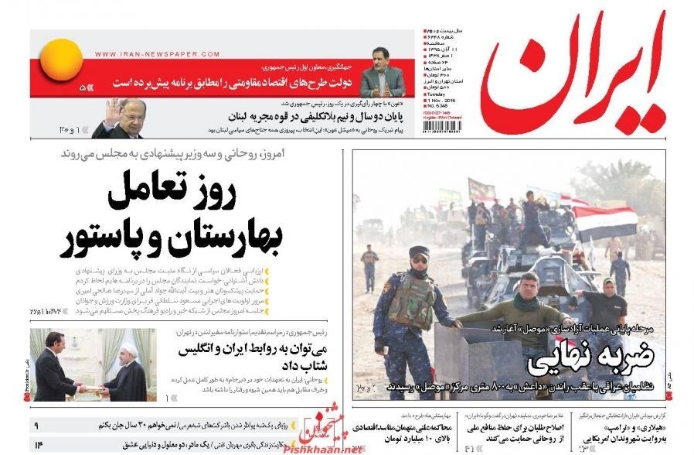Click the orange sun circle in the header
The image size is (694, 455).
click(61, 60)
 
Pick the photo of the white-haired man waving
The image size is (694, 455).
click(119, 118)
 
